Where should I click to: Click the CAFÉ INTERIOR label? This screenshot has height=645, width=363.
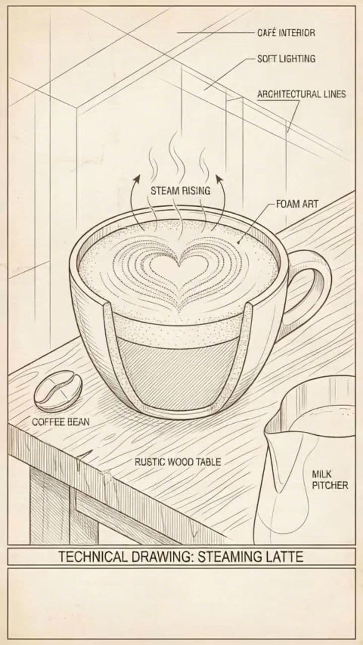(x=286, y=33)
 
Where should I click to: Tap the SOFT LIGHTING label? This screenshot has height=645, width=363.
(x=286, y=58)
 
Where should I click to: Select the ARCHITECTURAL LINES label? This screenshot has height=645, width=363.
(x=301, y=94)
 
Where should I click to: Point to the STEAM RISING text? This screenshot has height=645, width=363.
(x=180, y=191)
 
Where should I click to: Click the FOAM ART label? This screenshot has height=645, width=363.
(x=297, y=205)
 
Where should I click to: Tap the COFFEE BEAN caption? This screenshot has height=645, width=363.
(x=60, y=422)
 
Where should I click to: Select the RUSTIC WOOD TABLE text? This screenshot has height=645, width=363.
(x=177, y=461)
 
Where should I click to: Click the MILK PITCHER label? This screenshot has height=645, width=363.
(x=330, y=480)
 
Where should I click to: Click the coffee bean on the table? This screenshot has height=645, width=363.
(x=58, y=391)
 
